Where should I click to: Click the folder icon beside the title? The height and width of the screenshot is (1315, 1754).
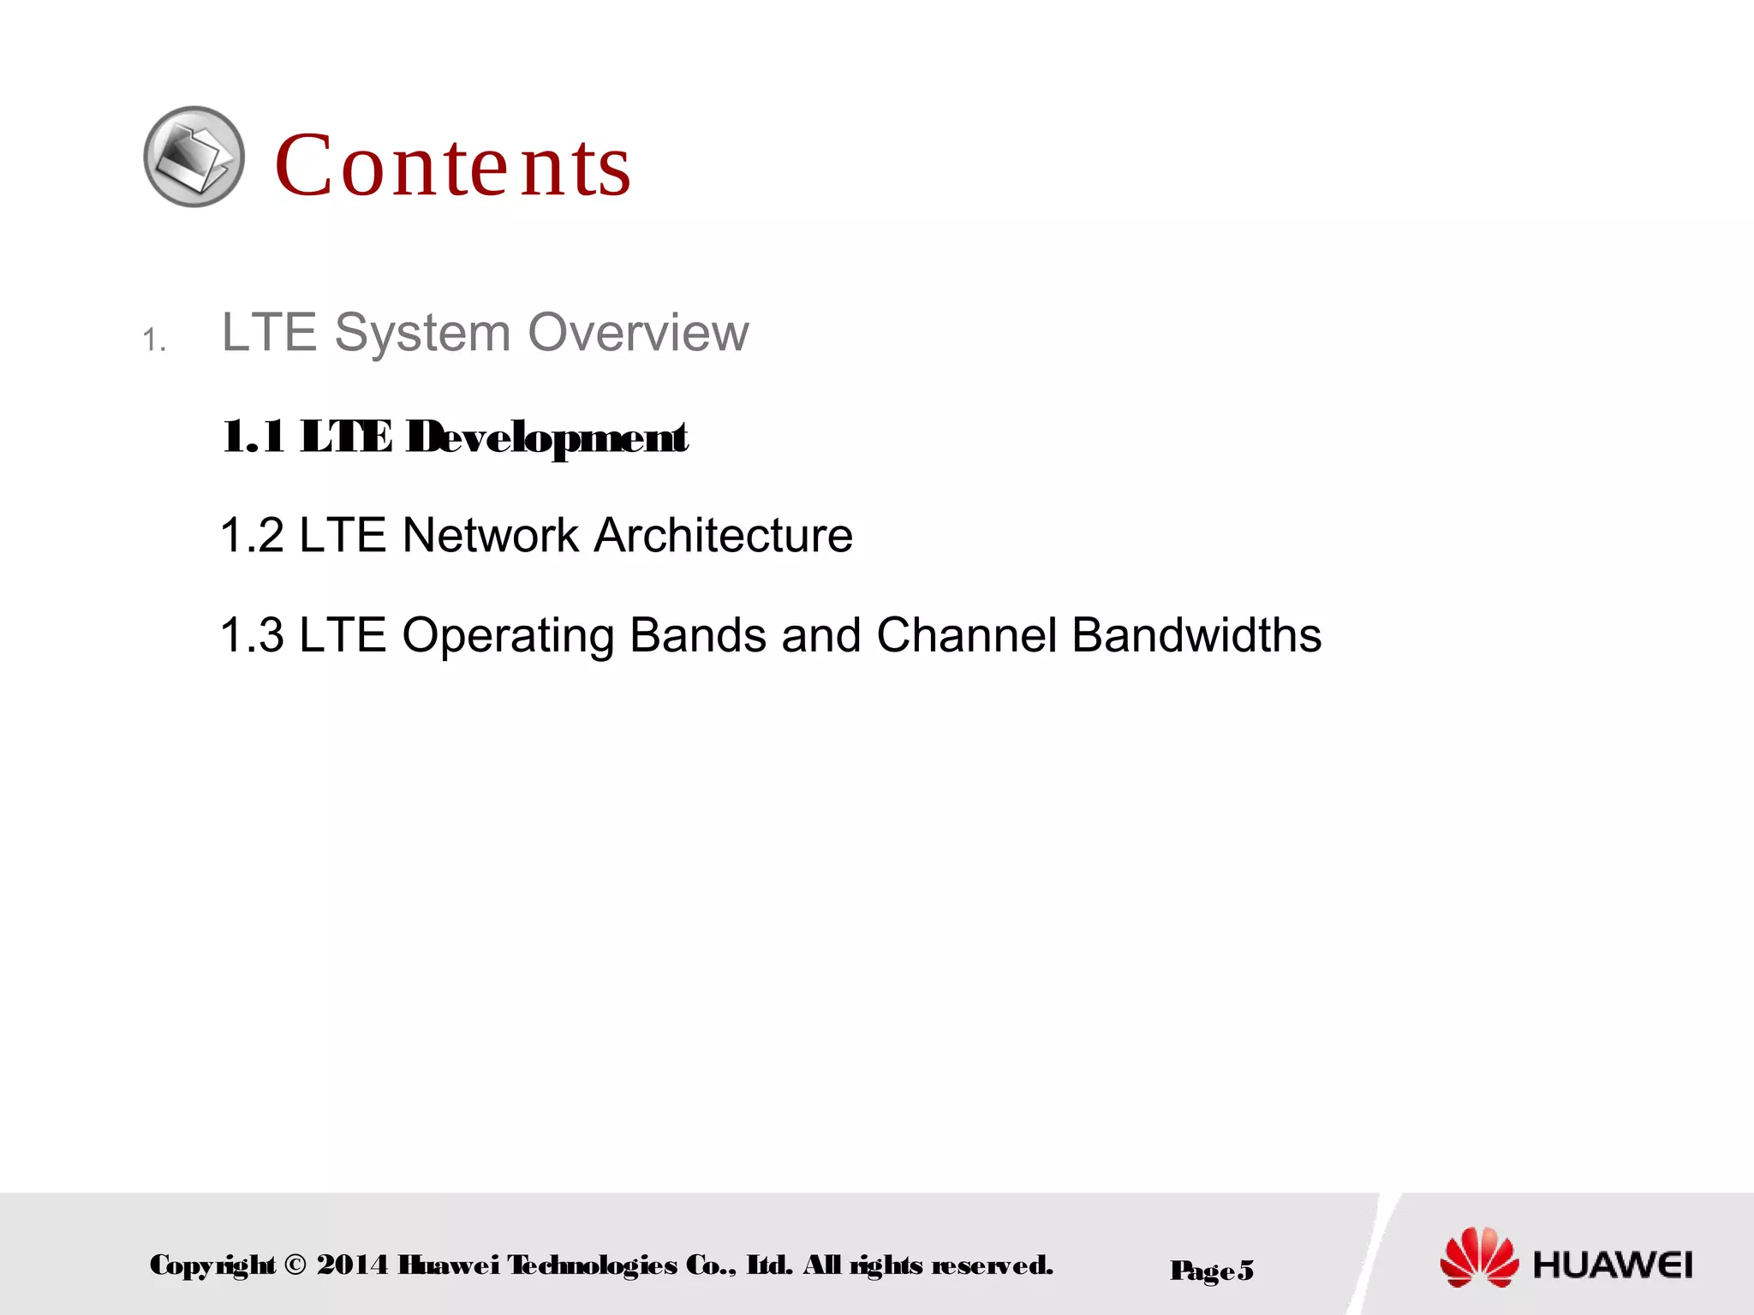click(x=194, y=157)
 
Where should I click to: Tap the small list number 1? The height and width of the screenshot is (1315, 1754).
click(x=153, y=340)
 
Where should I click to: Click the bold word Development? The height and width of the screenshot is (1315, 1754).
click(x=546, y=437)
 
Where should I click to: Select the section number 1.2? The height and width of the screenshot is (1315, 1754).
click(x=252, y=535)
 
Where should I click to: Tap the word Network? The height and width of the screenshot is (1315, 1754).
click(x=491, y=535)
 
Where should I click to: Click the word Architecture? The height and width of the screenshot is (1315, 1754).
click(x=724, y=535)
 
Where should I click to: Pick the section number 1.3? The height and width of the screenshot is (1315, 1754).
click(x=252, y=635)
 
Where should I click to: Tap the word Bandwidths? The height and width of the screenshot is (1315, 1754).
click(x=1196, y=635)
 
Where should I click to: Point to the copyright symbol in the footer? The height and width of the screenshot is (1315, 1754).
click(x=295, y=1264)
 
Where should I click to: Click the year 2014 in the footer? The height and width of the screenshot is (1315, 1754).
click(x=352, y=1264)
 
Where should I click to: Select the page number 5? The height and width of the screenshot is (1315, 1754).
click(x=1245, y=1270)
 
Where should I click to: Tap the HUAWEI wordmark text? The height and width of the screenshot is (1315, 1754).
click(x=1613, y=1264)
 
